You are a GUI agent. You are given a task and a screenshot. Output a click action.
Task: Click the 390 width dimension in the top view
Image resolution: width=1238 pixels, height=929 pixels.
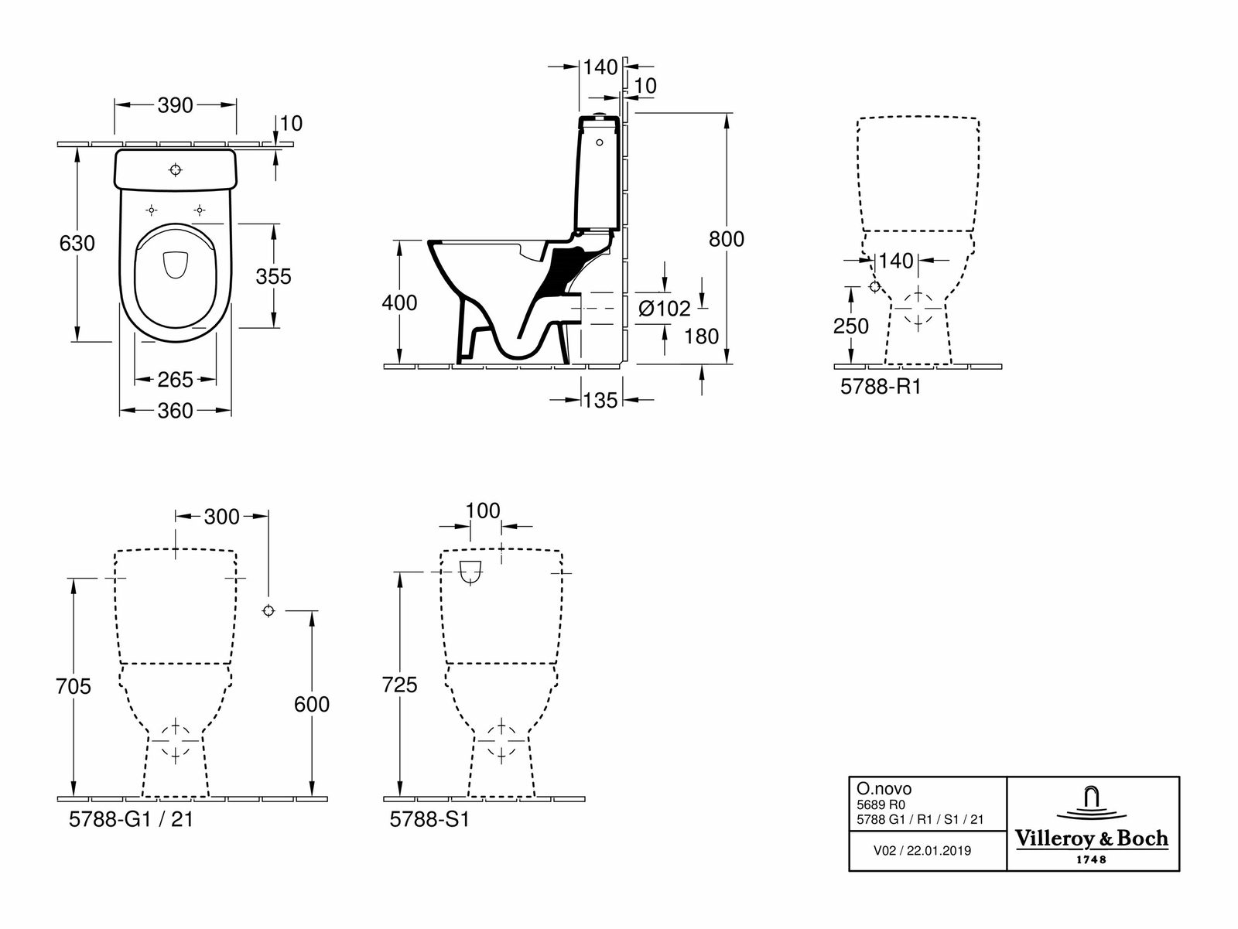point(175,105)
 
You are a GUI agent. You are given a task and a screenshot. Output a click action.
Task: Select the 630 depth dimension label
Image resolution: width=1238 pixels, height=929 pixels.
point(77,244)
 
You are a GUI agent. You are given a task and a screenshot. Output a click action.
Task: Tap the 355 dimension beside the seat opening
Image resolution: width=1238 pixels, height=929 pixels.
point(274,277)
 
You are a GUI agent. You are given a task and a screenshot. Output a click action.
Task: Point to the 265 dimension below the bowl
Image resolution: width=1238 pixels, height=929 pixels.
point(176,380)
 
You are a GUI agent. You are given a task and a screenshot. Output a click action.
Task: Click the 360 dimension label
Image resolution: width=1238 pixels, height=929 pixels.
point(176,411)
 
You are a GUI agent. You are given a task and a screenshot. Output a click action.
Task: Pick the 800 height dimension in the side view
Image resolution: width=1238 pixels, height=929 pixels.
point(727,240)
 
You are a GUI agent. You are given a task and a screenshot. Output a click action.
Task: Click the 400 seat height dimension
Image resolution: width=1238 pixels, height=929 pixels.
point(399,303)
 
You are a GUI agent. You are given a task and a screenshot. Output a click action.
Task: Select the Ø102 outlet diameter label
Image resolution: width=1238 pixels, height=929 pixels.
point(665,309)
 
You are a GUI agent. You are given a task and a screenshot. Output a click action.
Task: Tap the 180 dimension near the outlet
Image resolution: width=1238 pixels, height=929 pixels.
point(701,337)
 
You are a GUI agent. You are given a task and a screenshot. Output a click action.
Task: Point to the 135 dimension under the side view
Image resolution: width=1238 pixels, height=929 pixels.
point(600,401)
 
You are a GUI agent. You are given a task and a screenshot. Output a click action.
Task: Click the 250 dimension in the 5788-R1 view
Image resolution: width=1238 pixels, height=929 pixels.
point(850,326)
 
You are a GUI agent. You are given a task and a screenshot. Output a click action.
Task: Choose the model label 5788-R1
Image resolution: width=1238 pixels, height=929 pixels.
point(881,387)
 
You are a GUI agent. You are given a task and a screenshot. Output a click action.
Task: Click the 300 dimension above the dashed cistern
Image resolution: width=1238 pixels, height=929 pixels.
point(221,517)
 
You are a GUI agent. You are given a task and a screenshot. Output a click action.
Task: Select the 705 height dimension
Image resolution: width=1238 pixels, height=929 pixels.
point(74,687)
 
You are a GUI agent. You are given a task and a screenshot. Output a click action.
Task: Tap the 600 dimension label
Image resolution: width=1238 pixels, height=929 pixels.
point(312,705)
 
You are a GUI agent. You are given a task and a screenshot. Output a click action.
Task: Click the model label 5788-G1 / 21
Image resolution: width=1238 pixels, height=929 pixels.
point(131,820)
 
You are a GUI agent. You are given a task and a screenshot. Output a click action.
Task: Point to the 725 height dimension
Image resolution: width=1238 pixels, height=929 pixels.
point(399,685)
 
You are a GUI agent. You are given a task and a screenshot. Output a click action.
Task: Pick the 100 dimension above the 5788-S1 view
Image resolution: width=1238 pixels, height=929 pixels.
point(483,511)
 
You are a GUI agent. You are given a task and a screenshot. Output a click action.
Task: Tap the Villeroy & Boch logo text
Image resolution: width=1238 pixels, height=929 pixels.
point(1092,839)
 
